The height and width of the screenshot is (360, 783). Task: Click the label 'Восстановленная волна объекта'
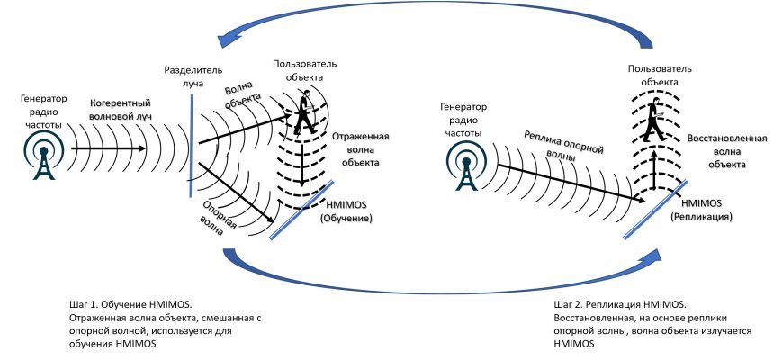point(727,152)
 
